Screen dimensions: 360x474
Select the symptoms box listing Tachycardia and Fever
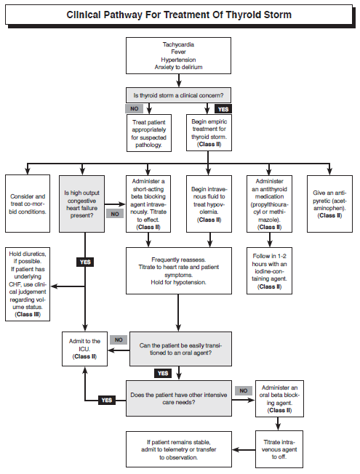point(178,56)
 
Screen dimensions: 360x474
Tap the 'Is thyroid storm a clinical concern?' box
point(178,95)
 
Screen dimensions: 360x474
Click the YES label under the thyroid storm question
point(223,109)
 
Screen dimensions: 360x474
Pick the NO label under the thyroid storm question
point(135,109)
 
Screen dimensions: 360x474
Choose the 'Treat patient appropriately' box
point(149,133)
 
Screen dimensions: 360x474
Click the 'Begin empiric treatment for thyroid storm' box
point(209,132)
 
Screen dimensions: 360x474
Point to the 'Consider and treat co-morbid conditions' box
point(28,204)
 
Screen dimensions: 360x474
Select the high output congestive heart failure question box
point(81,204)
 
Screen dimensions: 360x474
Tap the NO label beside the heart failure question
point(115,214)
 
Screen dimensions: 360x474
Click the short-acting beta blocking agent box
point(148,204)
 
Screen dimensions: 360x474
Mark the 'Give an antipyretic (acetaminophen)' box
point(329,204)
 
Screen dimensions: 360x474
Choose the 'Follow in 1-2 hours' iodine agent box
point(270,271)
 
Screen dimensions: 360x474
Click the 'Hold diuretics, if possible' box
point(28,284)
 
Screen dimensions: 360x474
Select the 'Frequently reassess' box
point(179,271)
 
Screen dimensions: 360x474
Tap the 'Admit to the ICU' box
point(84,349)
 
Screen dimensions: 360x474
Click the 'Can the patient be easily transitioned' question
point(180,349)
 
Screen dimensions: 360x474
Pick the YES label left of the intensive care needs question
point(107,401)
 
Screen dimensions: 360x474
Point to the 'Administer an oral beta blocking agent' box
point(279,398)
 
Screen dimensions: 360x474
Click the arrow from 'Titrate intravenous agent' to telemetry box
point(244,450)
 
